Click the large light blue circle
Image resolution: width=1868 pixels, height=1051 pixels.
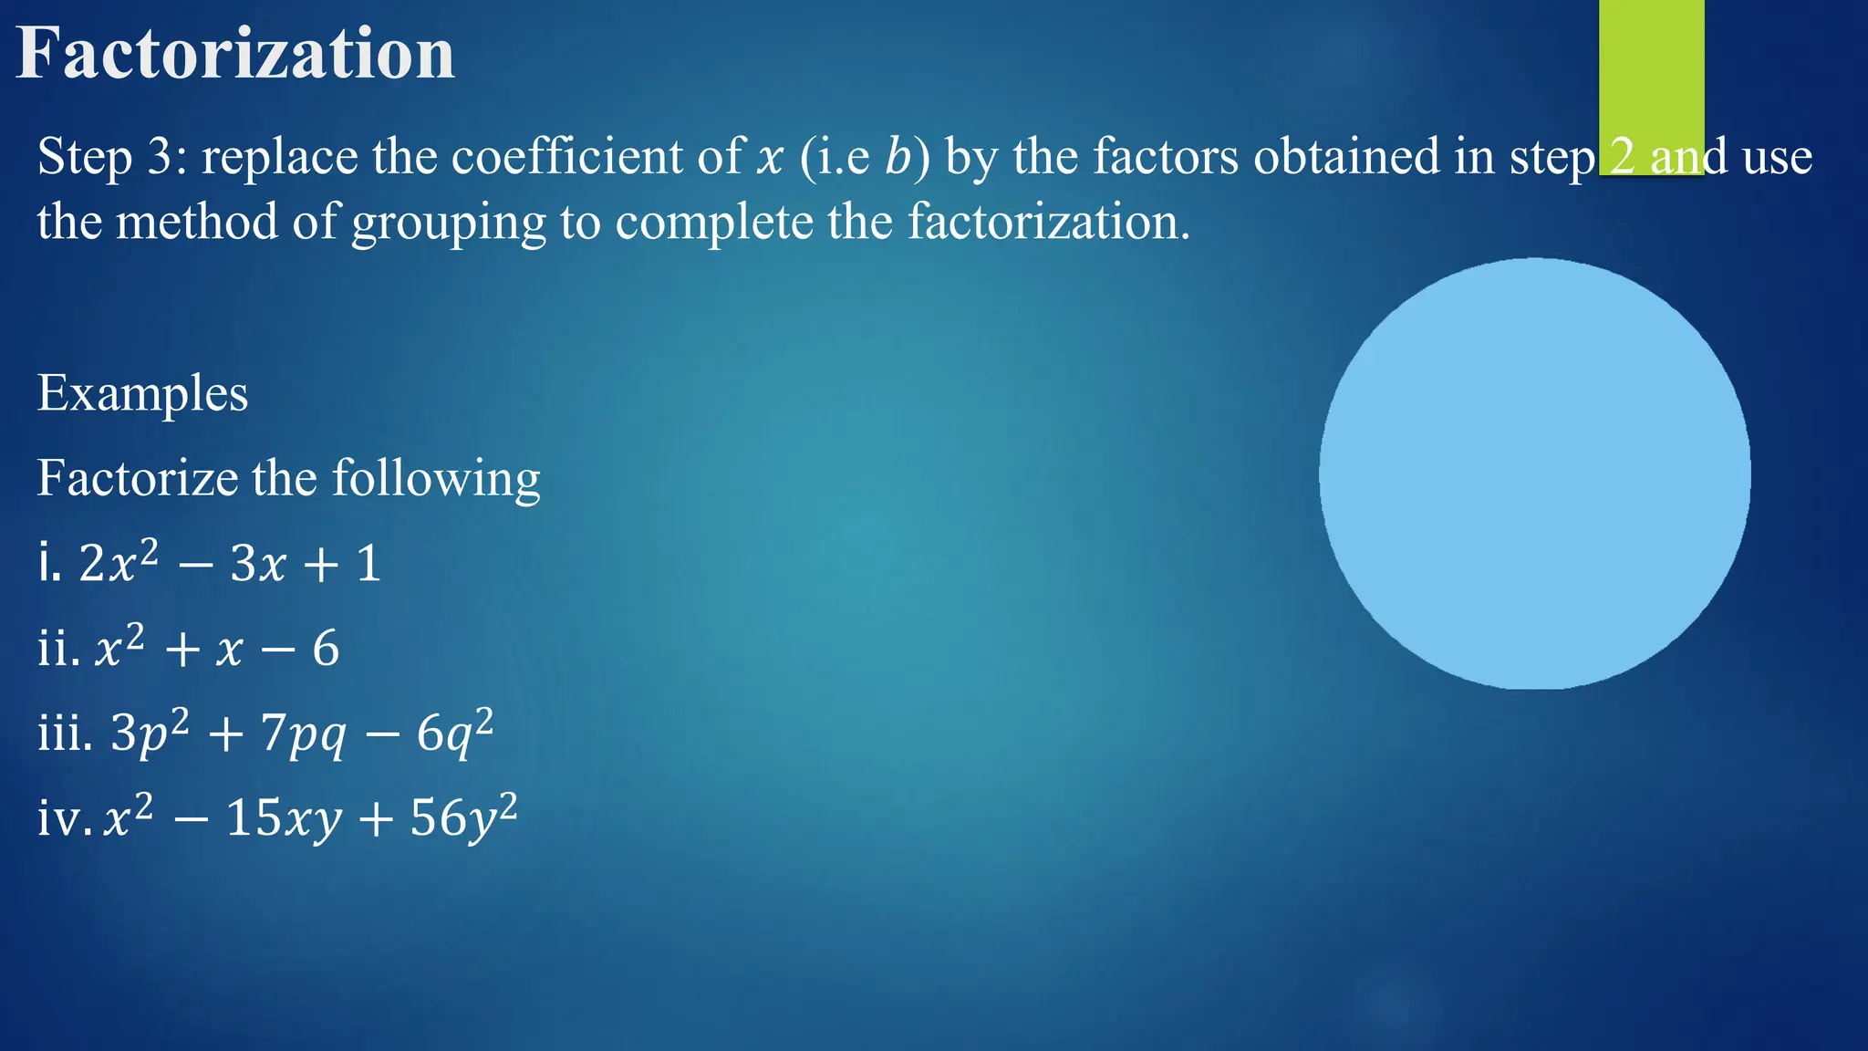1534,473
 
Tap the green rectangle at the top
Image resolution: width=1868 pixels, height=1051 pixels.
1651,73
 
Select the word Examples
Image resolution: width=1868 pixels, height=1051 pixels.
142,393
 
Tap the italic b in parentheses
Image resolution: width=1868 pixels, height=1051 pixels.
898,156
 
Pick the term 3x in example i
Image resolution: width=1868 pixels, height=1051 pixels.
258,563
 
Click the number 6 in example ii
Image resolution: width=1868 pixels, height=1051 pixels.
326,649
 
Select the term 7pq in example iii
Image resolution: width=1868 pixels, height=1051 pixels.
303,733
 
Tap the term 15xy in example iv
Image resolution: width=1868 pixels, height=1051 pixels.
284,817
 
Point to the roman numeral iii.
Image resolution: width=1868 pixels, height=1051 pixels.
64,733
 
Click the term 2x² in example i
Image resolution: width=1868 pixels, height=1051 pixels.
118,561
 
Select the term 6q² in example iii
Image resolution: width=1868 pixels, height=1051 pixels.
454,731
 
